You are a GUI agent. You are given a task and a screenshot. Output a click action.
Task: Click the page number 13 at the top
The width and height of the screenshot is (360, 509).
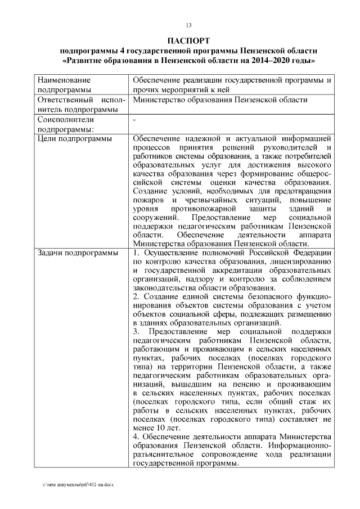click(188, 25)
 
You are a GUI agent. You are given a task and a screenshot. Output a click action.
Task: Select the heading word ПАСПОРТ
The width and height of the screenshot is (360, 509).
click(188, 40)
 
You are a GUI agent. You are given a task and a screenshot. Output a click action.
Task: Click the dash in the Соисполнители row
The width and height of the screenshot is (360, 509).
click(134, 120)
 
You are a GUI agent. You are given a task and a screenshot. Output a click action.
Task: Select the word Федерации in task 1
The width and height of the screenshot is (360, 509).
click(311, 253)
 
